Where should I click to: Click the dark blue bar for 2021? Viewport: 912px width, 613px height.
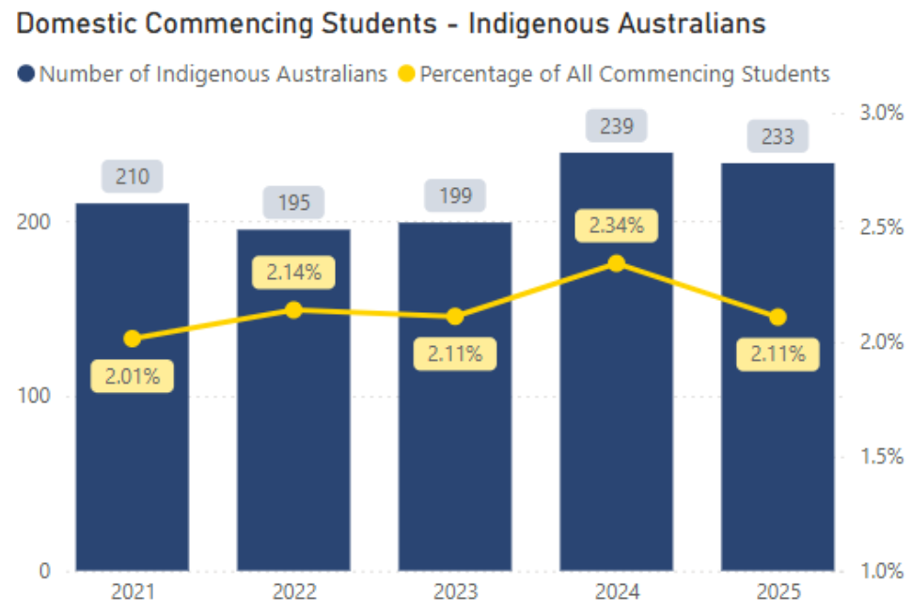click(x=132, y=451)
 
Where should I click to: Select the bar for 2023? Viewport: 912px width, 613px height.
click(x=455, y=451)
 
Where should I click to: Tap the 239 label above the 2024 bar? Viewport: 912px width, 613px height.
click(x=617, y=126)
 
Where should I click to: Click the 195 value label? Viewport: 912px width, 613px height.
click(x=293, y=202)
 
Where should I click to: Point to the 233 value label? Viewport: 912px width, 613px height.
click(x=778, y=137)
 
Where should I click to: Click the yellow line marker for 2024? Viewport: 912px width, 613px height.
click(x=617, y=263)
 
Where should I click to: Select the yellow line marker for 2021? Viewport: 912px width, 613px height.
click(x=133, y=338)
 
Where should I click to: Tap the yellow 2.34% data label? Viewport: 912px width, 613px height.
click(x=617, y=226)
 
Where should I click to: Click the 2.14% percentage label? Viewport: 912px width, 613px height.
click(x=293, y=273)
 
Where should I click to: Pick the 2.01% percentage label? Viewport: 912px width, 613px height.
click(x=133, y=377)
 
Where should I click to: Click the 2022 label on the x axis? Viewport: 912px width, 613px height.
click(x=293, y=593)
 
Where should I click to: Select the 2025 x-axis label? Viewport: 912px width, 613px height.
click(x=778, y=593)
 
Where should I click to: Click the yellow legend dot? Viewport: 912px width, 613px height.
click(x=406, y=73)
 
